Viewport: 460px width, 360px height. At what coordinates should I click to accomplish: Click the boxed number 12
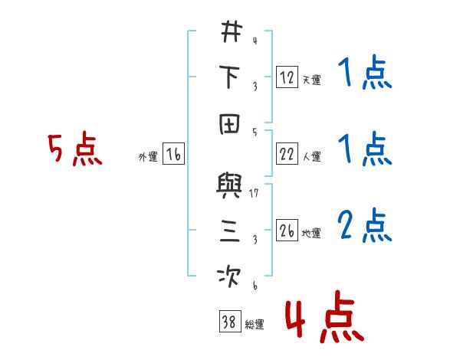point(286,77)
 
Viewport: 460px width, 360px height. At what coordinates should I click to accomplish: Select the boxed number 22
point(286,154)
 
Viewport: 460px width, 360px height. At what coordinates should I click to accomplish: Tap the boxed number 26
point(286,231)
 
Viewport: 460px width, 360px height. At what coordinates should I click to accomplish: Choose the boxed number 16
point(173,155)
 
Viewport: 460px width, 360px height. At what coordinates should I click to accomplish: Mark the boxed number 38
point(228,322)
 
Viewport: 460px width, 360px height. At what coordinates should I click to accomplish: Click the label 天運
point(310,80)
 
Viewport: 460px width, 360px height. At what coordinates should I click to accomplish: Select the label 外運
point(147,157)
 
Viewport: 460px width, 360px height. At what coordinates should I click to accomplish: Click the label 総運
point(254,325)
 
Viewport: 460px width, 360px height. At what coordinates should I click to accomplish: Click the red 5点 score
point(74,150)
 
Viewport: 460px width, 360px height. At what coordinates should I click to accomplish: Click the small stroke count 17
point(254,192)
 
